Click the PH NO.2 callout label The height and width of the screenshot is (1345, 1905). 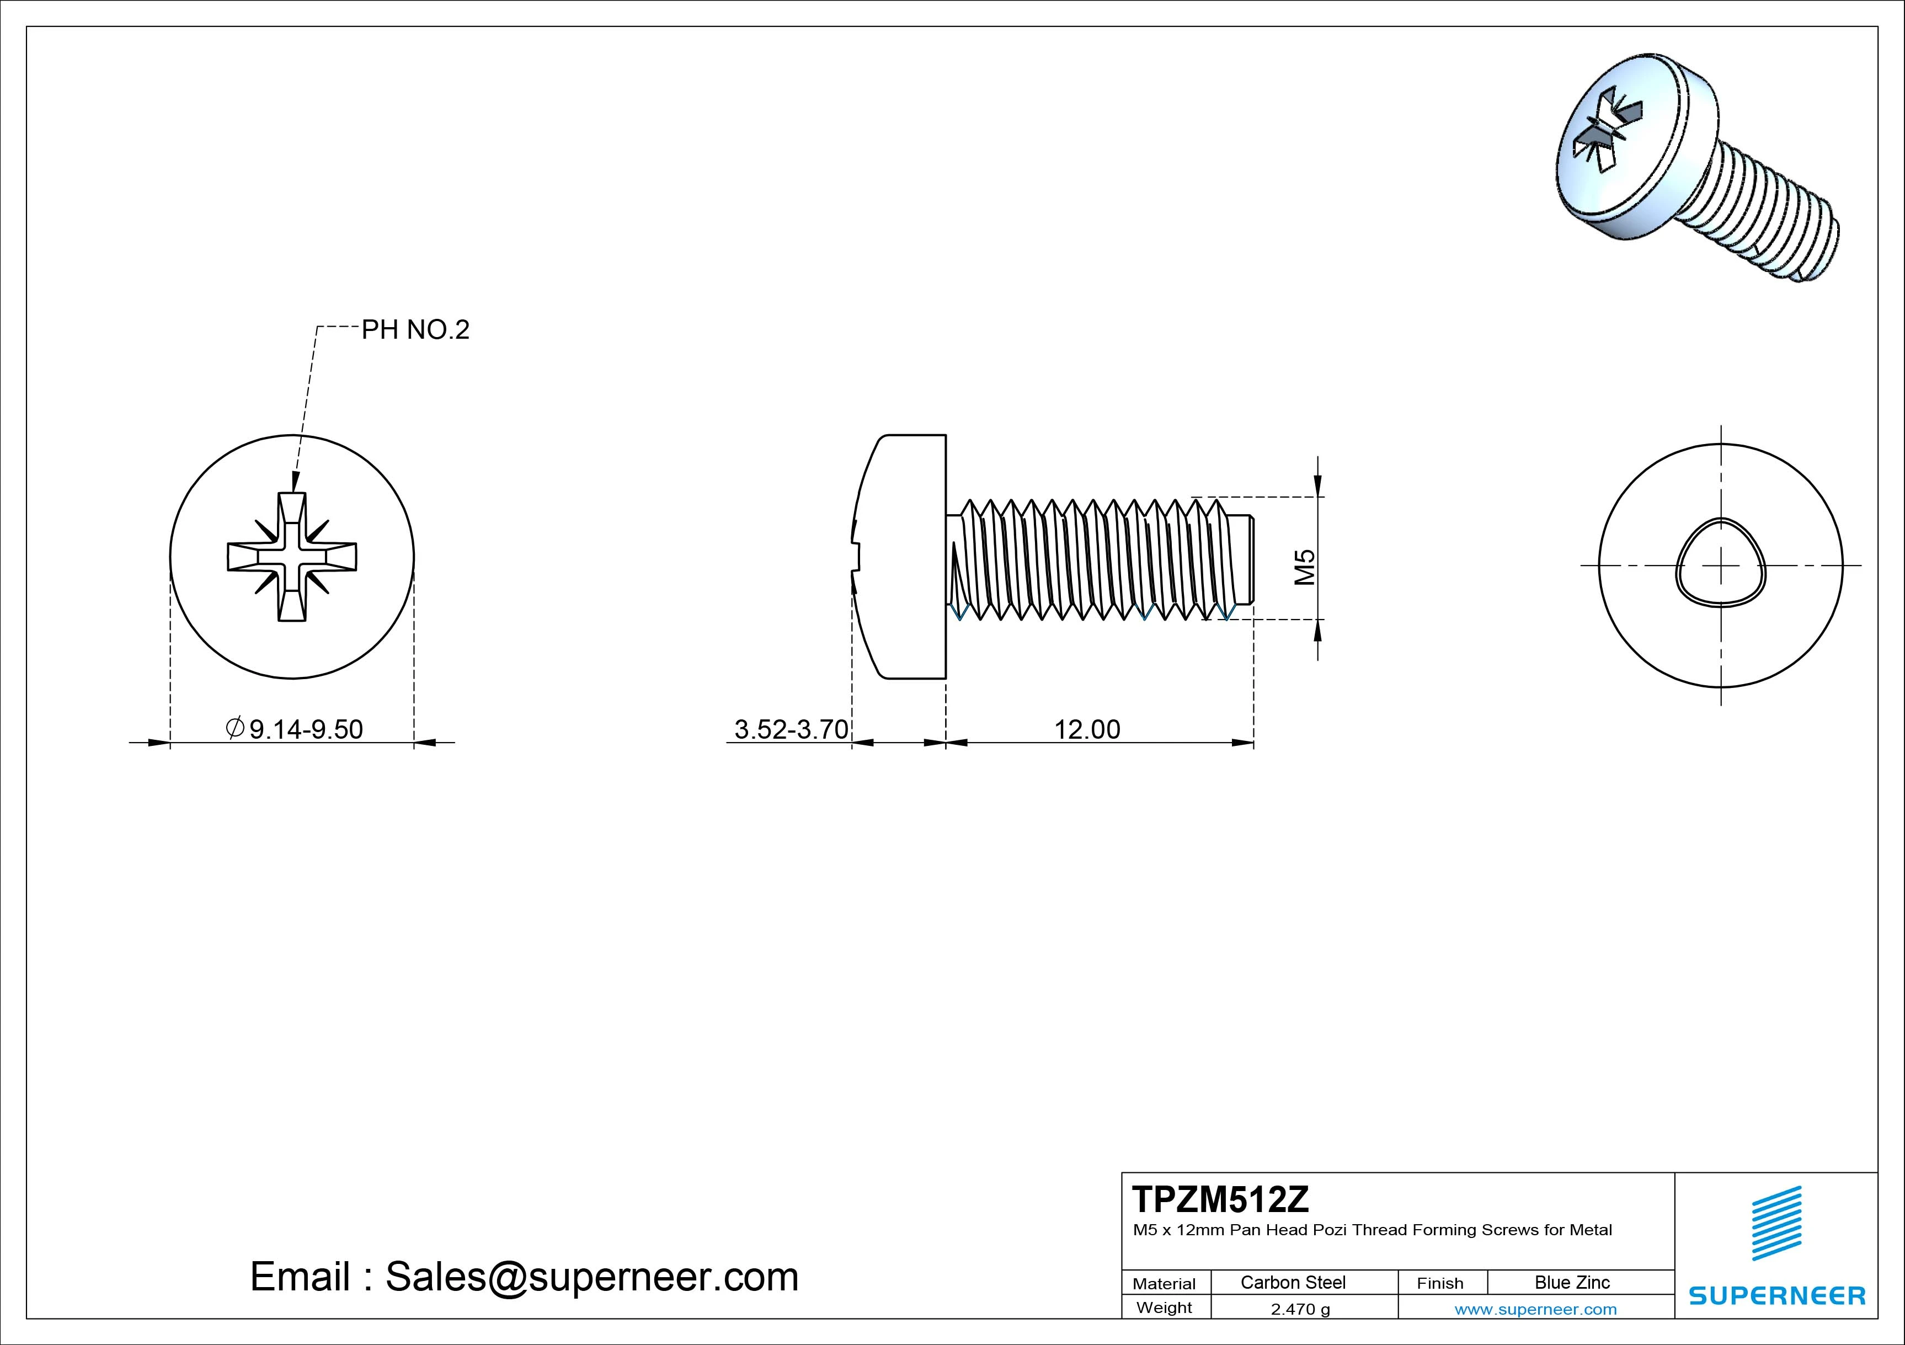point(415,330)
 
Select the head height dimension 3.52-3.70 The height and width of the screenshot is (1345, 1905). point(791,729)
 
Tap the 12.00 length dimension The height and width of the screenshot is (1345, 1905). point(1087,729)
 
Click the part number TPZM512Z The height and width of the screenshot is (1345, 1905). point(1220,1200)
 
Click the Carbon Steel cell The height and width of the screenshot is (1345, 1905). point(1293,1283)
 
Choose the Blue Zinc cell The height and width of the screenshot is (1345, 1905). point(1572,1283)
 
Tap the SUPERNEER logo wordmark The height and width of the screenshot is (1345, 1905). point(1777,1296)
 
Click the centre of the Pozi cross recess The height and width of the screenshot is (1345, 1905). point(292,557)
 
